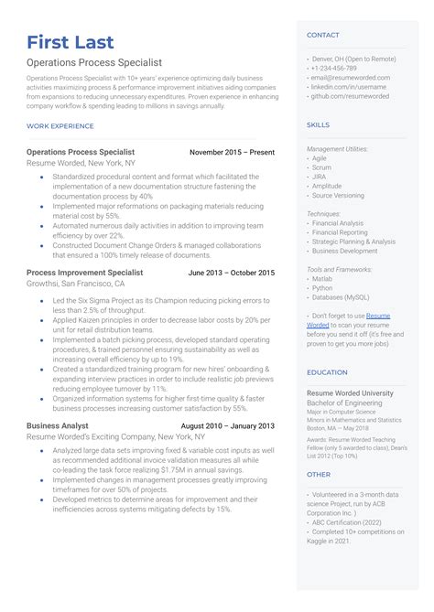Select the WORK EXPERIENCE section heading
(60, 124)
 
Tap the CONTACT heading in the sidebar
(322, 35)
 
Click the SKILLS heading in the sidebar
(318, 124)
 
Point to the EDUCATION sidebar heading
(327, 372)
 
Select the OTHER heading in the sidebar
(318, 474)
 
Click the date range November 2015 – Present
(232, 152)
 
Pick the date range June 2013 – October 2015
(231, 273)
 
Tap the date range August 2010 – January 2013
(227, 426)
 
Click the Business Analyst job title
(58, 426)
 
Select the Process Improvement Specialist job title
(84, 273)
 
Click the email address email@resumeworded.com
(351, 78)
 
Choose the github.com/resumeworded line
(350, 96)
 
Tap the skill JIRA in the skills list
(320, 177)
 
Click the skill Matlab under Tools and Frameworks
(322, 279)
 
